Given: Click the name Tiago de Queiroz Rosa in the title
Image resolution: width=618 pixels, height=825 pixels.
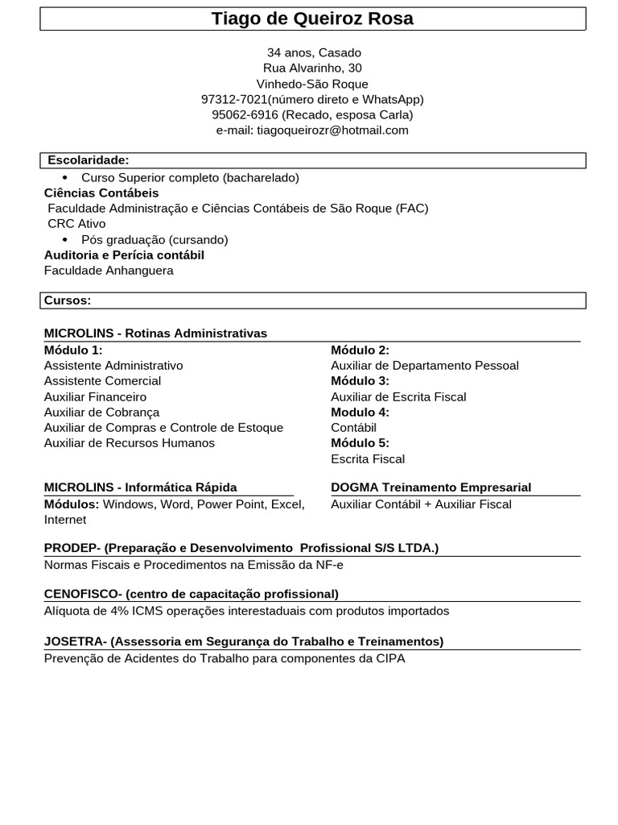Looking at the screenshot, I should tap(312, 19).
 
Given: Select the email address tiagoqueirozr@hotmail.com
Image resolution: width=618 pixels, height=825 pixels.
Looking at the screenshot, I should tap(332, 130).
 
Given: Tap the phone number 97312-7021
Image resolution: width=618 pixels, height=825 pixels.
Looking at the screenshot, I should tap(233, 99).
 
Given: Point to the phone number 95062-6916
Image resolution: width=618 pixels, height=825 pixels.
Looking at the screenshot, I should tap(245, 114).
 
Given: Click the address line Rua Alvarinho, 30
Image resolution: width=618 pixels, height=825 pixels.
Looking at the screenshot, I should tap(312, 68).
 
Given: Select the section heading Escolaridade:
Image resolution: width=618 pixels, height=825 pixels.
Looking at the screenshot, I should tap(88, 160).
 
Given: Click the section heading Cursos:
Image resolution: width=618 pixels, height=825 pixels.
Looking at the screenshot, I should tap(68, 300).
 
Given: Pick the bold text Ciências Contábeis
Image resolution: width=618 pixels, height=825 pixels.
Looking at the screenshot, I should tap(101, 193).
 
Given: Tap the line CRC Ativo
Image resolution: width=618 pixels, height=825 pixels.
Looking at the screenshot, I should tap(76, 223).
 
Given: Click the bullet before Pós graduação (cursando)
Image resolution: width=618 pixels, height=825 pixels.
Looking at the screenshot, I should tap(66, 240).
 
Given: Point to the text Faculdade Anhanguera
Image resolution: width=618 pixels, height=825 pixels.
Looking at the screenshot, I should tap(109, 270).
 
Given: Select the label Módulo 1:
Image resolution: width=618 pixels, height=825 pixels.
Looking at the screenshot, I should tap(73, 350).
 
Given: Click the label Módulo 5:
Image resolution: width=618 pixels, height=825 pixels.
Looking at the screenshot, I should tap(360, 442).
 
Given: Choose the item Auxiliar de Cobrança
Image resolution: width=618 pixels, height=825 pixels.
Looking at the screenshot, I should tap(101, 412).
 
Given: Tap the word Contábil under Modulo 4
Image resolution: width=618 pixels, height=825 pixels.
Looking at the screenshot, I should tap(353, 427).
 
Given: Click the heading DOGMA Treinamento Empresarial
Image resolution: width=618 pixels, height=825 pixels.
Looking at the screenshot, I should tap(431, 487).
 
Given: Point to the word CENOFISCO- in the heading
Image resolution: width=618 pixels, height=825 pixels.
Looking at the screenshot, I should tap(83, 594).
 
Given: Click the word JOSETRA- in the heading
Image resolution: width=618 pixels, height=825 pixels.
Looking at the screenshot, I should tap(76, 641).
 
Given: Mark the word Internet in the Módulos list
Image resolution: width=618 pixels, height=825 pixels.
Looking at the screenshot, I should tap(65, 520).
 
